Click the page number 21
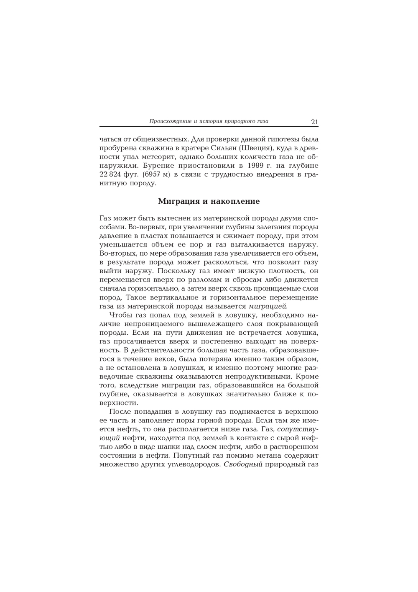(x=314, y=122)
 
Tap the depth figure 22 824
(x=110, y=174)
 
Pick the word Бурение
(x=121, y=166)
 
